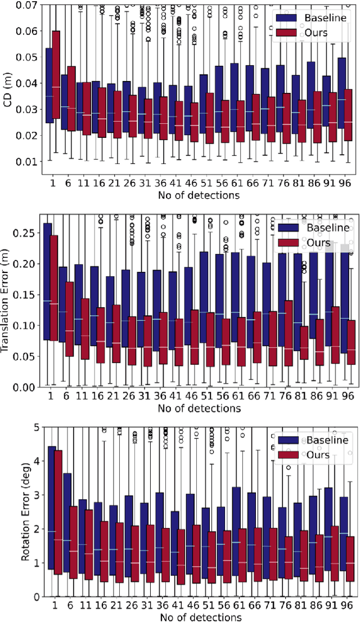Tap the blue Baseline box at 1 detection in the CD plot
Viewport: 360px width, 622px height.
click(49, 84)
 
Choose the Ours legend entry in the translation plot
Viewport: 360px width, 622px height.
click(307, 243)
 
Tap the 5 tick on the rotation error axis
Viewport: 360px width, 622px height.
click(34, 427)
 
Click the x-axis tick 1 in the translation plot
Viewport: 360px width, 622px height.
click(52, 396)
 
